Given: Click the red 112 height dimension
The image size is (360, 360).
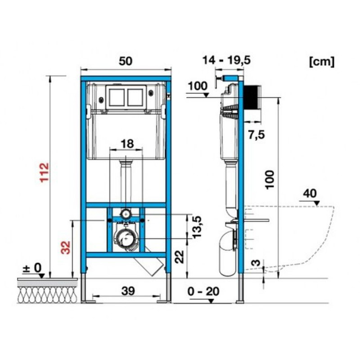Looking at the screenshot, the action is (44, 172).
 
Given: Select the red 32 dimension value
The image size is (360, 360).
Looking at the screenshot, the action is (66, 247).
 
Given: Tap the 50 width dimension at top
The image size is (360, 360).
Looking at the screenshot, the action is (126, 61).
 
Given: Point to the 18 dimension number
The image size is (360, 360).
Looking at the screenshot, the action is (127, 144).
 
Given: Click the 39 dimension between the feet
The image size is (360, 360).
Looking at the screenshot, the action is (128, 291).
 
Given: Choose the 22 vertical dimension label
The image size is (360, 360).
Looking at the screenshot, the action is (180, 256).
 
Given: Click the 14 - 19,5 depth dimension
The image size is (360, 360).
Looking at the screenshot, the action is (226, 61).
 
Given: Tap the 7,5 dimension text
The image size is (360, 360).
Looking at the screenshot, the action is (256, 135).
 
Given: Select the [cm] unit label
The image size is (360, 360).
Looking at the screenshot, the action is (322, 62).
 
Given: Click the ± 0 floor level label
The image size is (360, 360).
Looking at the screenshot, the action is (32, 268).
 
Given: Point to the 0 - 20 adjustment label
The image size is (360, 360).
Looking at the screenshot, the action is (203, 292).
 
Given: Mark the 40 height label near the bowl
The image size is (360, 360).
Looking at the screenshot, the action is (310, 193).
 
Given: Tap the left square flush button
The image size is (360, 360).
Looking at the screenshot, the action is (117, 97).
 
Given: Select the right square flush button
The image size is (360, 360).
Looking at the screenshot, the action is (135, 97).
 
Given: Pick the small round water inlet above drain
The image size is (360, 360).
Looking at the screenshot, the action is (126, 214).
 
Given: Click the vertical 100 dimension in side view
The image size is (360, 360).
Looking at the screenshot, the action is (270, 180).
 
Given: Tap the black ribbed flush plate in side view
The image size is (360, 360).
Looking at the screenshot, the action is (252, 97).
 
